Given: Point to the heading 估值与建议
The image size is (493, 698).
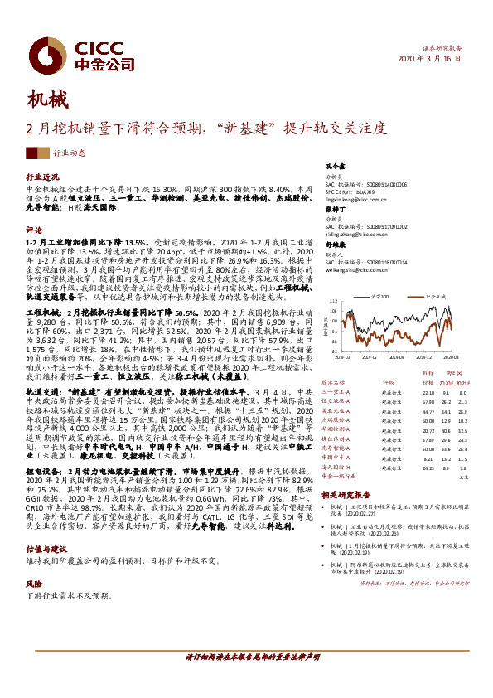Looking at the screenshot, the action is pyautogui.click(x=46, y=549).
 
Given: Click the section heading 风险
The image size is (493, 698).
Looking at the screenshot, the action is pyautogui.click(x=35, y=584).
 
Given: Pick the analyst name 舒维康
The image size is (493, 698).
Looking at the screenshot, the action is pyautogui.click(x=334, y=246).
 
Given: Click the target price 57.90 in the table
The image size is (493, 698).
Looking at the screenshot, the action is pyautogui.click(x=428, y=401).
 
